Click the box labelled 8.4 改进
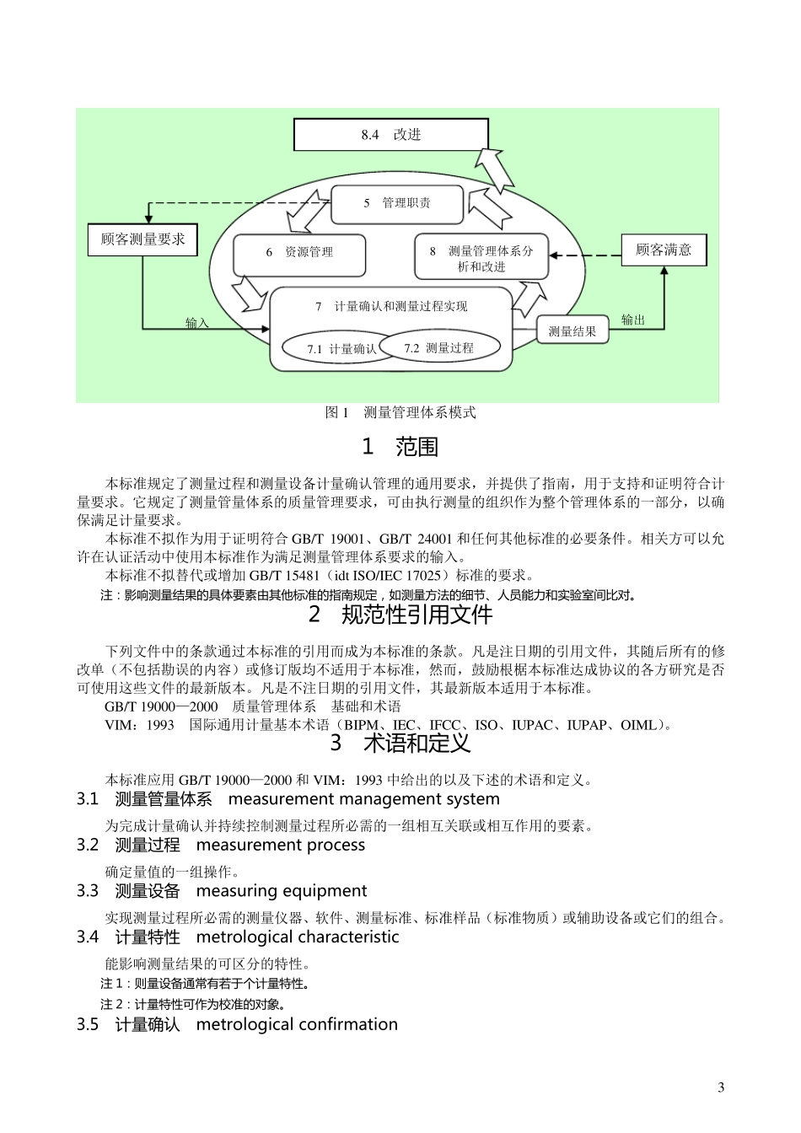[390, 135]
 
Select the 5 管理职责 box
[396, 203]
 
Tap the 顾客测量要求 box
[142, 239]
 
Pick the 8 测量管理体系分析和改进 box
[481, 258]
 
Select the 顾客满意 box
[664, 250]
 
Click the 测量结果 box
[573, 331]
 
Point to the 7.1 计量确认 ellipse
[334, 348]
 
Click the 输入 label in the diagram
[197, 323]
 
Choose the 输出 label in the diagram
[633, 319]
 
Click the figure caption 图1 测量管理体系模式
[400, 412]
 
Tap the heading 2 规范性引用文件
[400, 615]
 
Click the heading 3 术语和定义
[400, 744]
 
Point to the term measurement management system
[363, 799]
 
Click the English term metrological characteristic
[297, 937]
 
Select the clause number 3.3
[88, 891]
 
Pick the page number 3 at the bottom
[721, 1087]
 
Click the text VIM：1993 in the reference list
[139, 724]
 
